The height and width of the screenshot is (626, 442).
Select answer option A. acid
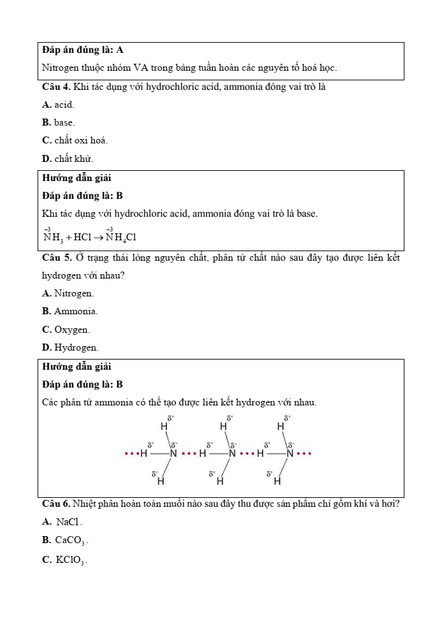coord(58,105)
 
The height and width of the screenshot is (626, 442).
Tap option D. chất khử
coord(67,158)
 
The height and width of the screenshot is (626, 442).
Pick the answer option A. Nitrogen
coord(68,294)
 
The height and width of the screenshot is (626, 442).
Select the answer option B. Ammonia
coord(69,312)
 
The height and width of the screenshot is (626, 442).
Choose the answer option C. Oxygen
coord(66,330)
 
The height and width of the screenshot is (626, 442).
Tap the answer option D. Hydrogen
coord(70,347)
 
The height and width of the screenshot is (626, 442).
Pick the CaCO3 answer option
coord(64,541)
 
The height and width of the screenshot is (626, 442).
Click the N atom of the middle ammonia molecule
coord(231,454)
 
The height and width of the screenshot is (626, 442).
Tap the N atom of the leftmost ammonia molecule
coord(173,454)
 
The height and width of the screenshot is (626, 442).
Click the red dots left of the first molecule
coord(131,454)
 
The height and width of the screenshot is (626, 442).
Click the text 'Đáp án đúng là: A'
coord(82,50)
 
